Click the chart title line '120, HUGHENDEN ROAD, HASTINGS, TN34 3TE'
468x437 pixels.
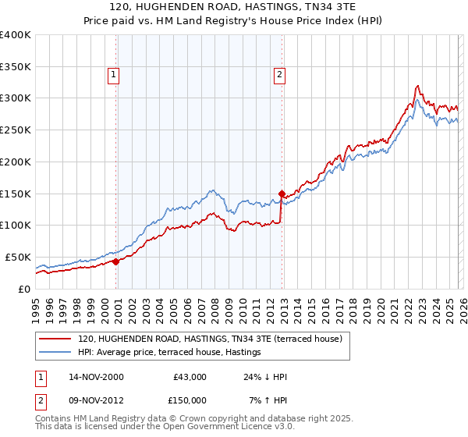[234, 7]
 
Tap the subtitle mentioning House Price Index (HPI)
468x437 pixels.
[234, 20]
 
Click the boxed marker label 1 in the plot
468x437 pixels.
[114, 75]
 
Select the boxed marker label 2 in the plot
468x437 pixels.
[279, 75]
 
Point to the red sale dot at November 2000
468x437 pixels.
[116, 261]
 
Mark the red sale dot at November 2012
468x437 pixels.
[282, 194]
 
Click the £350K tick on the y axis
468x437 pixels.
[15, 67]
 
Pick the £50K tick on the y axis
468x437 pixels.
[18, 257]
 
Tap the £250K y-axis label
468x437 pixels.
[15, 130]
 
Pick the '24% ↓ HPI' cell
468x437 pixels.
[265, 377]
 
